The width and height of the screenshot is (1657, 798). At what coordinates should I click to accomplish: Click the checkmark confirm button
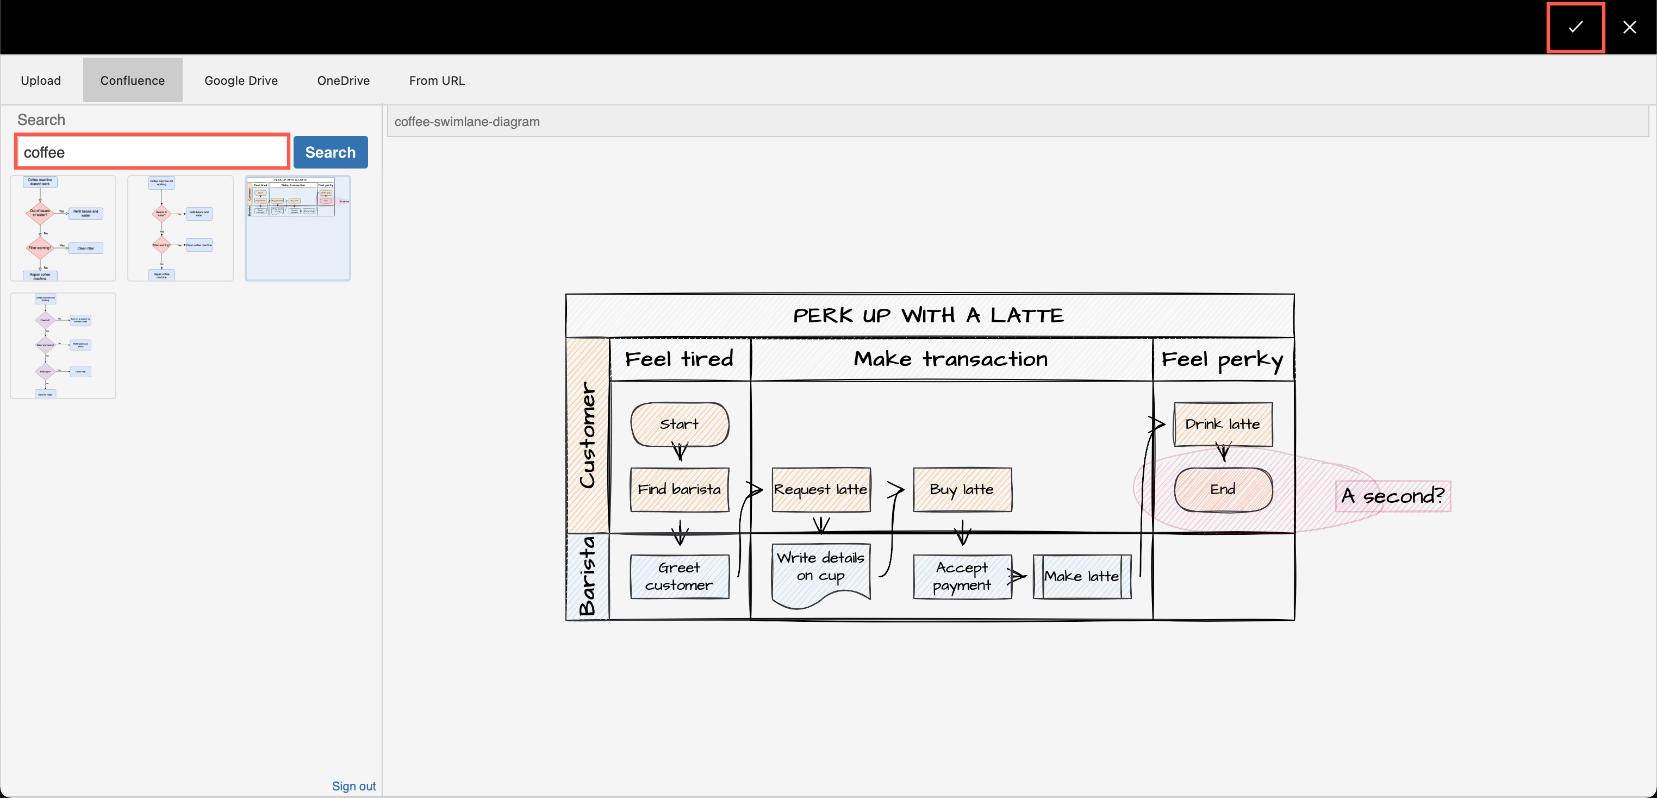(x=1575, y=27)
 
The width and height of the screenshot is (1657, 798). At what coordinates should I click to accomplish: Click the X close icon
(x=1629, y=27)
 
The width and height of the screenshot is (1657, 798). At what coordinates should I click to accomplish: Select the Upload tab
(x=41, y=80)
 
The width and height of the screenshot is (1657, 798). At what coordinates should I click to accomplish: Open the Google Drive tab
(x=241, y=80)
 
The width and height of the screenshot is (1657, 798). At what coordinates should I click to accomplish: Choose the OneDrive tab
(x=343, y=80)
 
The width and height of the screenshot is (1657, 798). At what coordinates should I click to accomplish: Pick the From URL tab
(x=437, y=80)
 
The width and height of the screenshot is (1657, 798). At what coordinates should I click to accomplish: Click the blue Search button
(x=330, y=152)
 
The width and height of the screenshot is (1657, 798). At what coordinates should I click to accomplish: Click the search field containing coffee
(x=152, y=152)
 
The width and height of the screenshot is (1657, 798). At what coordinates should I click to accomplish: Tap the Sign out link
(x=353, y=786)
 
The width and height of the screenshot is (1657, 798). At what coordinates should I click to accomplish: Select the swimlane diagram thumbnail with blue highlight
(x=297, y=228)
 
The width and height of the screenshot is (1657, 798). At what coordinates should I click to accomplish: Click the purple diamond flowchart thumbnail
(x=63, y=345)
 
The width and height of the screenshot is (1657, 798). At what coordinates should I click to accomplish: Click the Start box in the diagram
(x=679, y=424)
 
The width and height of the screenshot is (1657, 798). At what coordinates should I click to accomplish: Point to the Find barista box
(x=679, y=489)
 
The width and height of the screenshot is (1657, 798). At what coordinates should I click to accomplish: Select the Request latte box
(x=820, y=489)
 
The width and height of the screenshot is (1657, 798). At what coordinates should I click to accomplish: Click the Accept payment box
(x=962, y=576)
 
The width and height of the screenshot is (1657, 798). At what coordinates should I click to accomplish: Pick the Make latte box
(x=1081, y=576)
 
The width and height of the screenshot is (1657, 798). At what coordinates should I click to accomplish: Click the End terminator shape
(x=1222, y=489)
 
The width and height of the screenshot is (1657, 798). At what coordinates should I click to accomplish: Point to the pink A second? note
(x=1393, y=496)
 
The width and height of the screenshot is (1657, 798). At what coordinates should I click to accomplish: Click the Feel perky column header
(x=1222, y=359)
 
